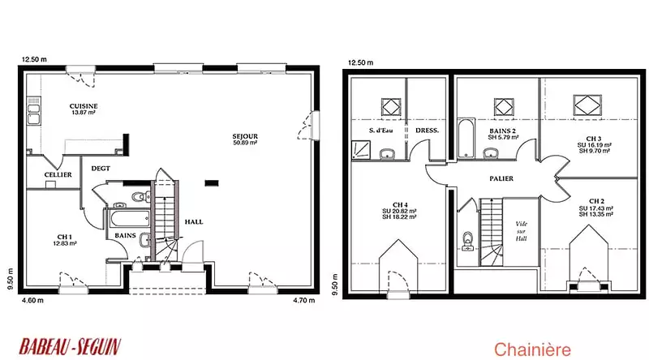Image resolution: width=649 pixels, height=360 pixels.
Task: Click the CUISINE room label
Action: click(84, 106)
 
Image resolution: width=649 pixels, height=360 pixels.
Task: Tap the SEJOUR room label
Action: click(245, 136)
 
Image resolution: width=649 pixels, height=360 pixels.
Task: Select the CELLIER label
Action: click(58, 174)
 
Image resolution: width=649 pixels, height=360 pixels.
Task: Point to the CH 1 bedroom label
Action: click(65, 237)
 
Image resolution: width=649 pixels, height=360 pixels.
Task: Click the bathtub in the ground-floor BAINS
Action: click(129, 218)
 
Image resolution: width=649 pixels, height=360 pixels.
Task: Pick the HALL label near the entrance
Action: click(194, 222)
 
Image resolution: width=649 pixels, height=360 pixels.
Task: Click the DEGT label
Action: click(101, 169)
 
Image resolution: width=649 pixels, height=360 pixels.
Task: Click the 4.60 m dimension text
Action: click(32, 301)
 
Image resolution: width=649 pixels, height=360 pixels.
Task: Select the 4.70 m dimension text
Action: click(303, 301)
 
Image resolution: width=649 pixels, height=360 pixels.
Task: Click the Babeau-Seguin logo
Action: click(70, 347)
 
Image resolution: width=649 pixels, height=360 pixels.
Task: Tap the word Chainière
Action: click(532, 349)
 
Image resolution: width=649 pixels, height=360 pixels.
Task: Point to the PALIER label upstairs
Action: click(501, 178)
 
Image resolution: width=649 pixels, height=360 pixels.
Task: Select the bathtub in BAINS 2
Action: click(466, 138)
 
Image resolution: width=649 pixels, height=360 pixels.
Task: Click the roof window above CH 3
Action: click(587, 105)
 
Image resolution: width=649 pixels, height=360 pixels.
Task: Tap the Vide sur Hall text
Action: click(521, 231)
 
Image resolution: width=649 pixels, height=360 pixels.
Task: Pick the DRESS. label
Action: click(428, 131)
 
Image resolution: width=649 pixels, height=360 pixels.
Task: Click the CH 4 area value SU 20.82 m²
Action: click(399, 211)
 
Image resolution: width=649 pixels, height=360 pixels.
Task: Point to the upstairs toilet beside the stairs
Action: click(468, 242)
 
